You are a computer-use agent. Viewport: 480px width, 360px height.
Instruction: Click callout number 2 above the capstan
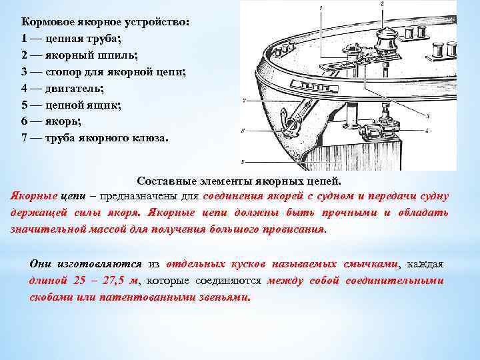(381, 5)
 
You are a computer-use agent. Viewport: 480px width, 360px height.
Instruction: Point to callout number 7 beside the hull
(245, 101)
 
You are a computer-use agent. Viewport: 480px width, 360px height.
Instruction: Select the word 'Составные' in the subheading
(167, 181)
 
